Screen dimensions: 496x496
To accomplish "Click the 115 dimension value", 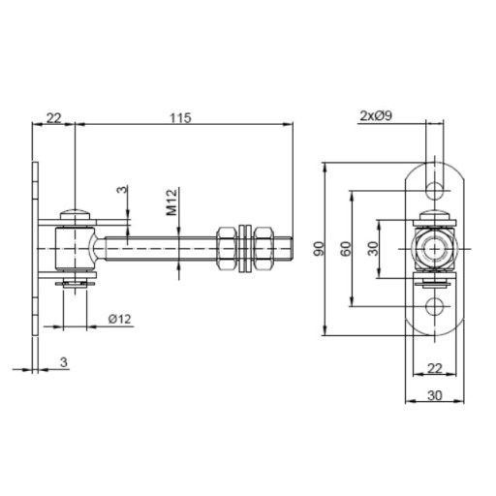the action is (181, 118).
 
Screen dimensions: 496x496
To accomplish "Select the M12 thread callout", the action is (171, 202).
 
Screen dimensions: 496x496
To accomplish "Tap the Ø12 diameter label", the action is (120, 319).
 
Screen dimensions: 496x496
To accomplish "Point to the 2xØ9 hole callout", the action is (376, 115).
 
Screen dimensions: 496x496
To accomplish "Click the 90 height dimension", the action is (319, 248).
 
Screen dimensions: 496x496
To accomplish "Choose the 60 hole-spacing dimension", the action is (346, 248).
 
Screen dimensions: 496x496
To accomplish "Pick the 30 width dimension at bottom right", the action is (435, 395).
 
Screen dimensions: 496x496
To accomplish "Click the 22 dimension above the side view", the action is (53, 118).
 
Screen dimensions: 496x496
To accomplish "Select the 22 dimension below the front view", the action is (435, 368).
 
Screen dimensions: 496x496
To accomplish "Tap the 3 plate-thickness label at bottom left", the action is (64, 362).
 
